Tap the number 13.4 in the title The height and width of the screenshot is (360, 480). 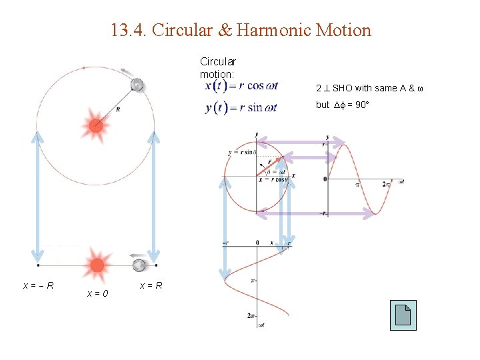point(125,30)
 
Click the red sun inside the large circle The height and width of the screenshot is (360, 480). point(95,124)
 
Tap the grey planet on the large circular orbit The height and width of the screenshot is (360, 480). point(137,85)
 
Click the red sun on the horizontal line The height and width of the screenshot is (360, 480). point(97,265)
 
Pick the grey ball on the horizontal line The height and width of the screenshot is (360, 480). point(139,265)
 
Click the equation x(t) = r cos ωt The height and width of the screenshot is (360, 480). point(241,85)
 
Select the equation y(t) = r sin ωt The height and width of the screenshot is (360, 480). point(241,107)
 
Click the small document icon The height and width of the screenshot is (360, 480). point(403,315)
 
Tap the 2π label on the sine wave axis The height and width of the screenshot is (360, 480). point(387,183)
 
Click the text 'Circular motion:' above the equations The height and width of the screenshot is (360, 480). point(217,67)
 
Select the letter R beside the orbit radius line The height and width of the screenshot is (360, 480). point(118,109)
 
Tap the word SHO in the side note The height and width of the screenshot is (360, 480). point(343,88)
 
